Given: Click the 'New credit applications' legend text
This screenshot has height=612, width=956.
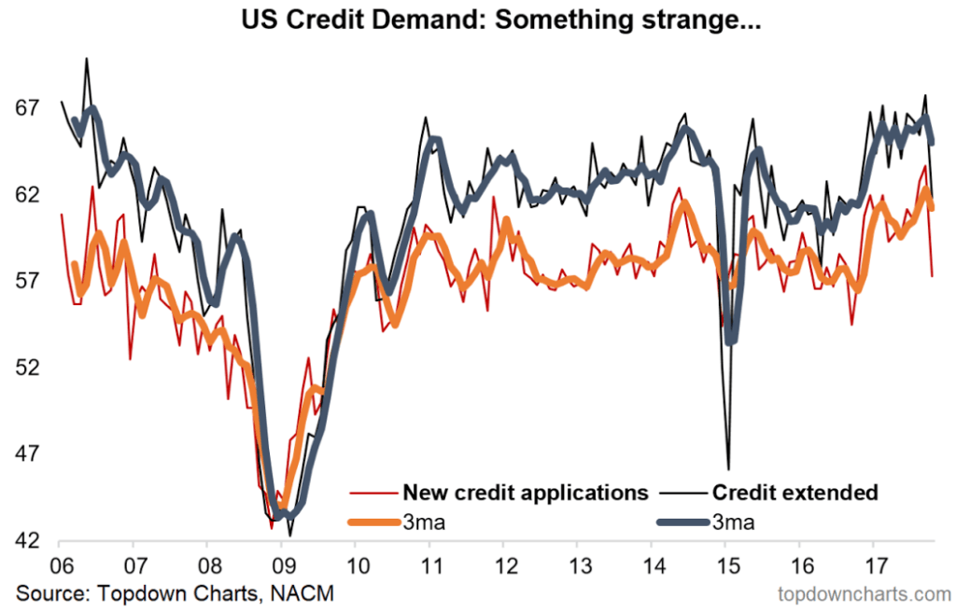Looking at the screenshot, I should click(x=525, y=493).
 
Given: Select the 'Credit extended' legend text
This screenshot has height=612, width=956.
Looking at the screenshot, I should click(x=794, y=493).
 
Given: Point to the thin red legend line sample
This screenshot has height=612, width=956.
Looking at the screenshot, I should click(x=369, y=493).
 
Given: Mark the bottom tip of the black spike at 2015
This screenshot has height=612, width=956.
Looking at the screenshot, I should click(x=727, y=468).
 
